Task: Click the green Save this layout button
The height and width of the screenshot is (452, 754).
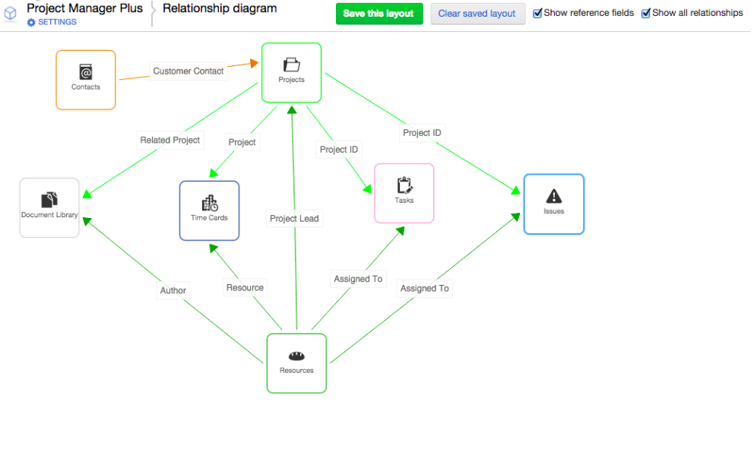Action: point(379,14)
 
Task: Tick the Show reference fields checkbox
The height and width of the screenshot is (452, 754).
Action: point(537,14)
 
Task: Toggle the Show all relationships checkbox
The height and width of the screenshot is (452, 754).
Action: point(646,14)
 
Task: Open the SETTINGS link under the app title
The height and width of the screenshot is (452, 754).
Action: point(52,23)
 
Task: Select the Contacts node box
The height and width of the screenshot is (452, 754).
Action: point(86,80)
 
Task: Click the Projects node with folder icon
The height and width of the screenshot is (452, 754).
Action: point(291,72)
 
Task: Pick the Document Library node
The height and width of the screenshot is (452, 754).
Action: point(49,207)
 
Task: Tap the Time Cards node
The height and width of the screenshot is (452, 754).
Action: point(209,210)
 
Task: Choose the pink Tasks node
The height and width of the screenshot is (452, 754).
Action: point(404,193)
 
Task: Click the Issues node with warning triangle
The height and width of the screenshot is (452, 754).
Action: point(554,204)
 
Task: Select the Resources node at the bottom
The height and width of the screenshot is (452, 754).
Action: point(296,363)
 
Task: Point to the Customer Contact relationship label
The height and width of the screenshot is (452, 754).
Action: point(188,71)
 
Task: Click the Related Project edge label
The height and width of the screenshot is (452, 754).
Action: point(170,141)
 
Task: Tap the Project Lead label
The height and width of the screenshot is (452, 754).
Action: point(294,219)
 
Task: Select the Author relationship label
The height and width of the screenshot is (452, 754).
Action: point(173,291)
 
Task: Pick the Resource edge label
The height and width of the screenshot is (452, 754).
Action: point(245,288)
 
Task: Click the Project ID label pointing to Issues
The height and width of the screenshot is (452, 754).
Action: point(422,133)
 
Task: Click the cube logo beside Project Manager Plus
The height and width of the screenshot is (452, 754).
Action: point(11,14)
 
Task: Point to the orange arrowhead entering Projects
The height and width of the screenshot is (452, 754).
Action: point(254,63)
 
